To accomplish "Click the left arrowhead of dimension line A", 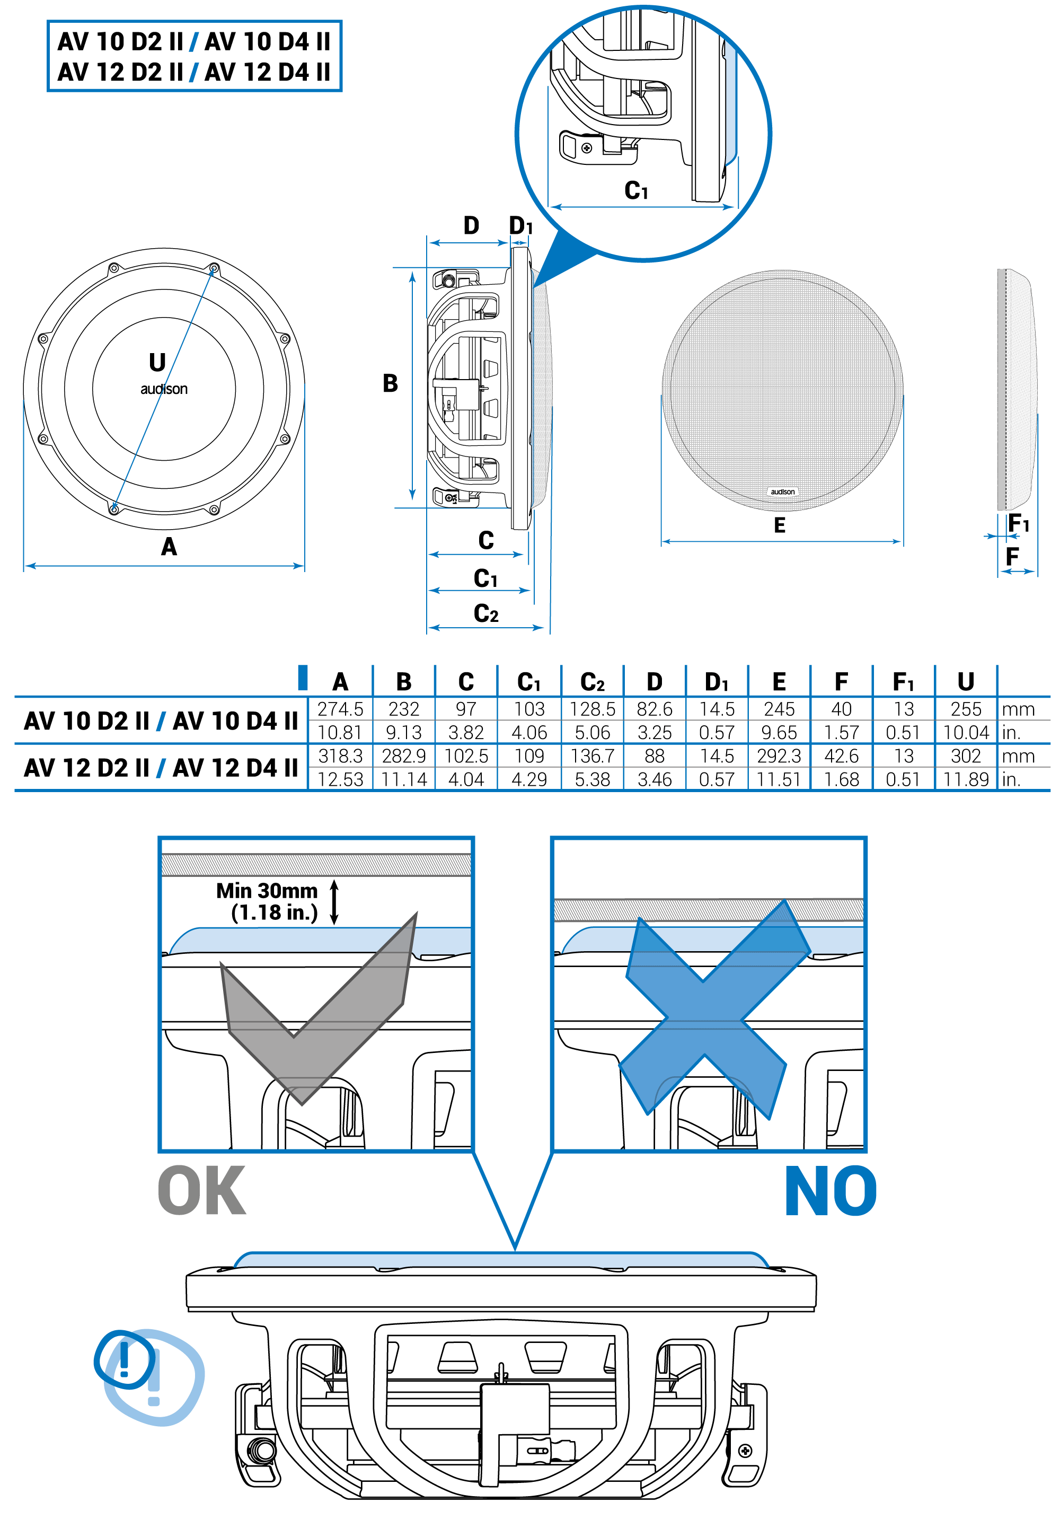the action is click(x=26, y=566).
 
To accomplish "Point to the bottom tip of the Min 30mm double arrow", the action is click(x=334, y=923).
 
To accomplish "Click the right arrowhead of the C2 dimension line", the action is click(x=542, y=627).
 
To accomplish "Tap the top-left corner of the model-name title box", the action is click(x=48, y=21).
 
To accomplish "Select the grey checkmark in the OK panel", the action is click(x=319, y=1007).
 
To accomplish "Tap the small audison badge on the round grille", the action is click(x=783, y=491).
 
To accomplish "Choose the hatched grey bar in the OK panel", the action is click(x=316, y=865).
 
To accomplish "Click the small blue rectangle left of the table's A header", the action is click(x=303, y=678).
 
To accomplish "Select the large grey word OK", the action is click(x=202, y=1191).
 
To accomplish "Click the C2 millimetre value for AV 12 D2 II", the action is click(x=593, y=756).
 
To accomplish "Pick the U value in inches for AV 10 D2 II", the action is click(x=966, y=732).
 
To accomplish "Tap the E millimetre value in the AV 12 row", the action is click(x=779, y=756).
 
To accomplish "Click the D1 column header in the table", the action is click(x=717, y=681).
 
